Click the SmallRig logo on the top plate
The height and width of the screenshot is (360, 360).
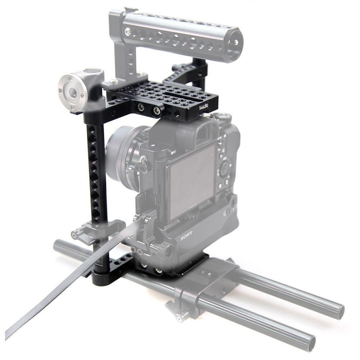click(206, 105)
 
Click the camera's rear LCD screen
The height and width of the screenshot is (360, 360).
click(191, 180)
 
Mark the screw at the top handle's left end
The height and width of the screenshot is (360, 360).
click(128, 32)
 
